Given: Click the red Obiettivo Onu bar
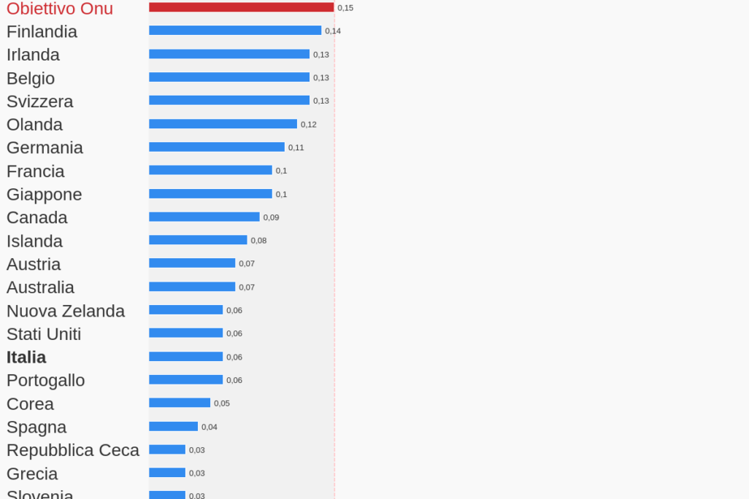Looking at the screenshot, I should pyautogui.click(x=241, y=7).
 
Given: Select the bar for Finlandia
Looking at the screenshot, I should pyautogui.click(x=235, y=31).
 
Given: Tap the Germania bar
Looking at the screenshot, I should pyautogui.click(x=217, y=147).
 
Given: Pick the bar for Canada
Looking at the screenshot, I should pyautogui.click(x=204, y=217).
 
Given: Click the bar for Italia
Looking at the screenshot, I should pyautogui.click(x=185, y=357).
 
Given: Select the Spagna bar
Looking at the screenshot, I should pyautogui.click(x=173, y=427).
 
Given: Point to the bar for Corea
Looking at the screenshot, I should pyautogui.click(x=180, y=403).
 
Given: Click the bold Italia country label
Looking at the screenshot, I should pyautogui.click(x=26, y=357).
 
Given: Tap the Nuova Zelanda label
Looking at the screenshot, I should pyautogui.click(x=66, y=311).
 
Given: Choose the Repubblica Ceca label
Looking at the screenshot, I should pyautogui.click(x=73, y=450).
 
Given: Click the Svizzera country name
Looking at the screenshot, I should pyautogui.click(x=40, y=101).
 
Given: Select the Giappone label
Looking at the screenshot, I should pyautogui.click(x=45, y=195).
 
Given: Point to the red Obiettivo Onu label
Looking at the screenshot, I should pyautogui.click(x=60, y=9).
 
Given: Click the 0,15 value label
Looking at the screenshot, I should pyautogui.click(x=345, y=8).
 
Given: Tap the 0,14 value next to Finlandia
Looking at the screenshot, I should pyautogui.click(x=333, y=31).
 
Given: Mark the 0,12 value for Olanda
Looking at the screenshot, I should pyautogui.click(x=309, y=125).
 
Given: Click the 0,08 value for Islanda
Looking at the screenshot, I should pyautogui.click(x=259, y=241).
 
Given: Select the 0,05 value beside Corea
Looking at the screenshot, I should pyautogui.click(x=222, y=403).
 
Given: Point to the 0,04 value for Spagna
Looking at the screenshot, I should pyautogui.click(x=210, y=428).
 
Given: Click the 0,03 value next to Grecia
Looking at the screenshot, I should pyautogui.click(x=197, y=473).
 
